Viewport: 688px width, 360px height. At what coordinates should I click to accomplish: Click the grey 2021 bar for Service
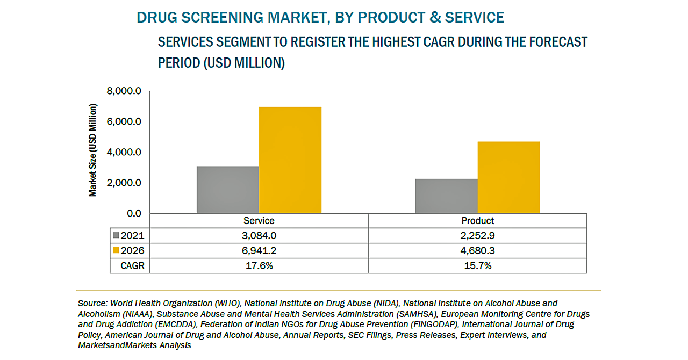pos(228,190)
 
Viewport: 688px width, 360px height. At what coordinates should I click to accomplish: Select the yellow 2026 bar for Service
pos(290,160)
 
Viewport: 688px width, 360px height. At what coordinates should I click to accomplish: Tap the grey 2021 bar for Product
pos(446,196)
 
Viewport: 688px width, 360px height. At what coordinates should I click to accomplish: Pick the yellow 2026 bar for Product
pos(508,177)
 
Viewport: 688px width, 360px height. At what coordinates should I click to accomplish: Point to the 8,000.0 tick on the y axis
pos(124,91)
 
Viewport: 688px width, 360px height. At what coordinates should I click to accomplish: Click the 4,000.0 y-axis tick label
pos(124,153)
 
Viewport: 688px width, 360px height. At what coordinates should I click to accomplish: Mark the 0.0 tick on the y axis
pos(131,214)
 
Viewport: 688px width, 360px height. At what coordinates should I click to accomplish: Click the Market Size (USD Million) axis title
pos(93,150)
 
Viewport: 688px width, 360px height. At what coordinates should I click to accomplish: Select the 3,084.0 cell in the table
pos(259,235)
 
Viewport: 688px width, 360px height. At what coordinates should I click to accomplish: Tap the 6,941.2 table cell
pos(259,250)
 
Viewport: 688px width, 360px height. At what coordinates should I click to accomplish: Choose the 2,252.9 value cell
pos(477,235)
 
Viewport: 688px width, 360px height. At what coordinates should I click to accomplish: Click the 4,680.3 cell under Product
pos(477,250)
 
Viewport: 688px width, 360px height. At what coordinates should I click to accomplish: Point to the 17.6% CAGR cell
pos(259,265)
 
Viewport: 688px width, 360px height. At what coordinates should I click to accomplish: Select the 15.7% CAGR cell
pos(477,265)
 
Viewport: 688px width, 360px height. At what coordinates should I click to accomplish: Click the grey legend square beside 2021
pos(116,235)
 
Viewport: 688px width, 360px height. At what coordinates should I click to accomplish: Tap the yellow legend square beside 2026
pos(116,250)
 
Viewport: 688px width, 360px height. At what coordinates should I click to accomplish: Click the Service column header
pos(259,221)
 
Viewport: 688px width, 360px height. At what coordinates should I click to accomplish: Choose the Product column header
pos(477,221)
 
